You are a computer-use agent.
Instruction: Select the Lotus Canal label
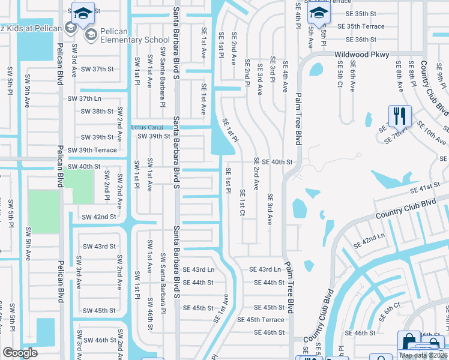[147, 127]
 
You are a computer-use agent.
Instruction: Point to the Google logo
[20, 353]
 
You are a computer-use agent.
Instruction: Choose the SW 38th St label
[97, 112]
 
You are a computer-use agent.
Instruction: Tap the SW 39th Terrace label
[92, 150]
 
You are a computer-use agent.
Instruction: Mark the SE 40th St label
[273, 162]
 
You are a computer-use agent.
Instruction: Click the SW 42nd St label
[98, 217]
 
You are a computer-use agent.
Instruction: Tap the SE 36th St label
[357, 40]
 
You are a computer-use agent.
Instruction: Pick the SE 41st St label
[426, 189]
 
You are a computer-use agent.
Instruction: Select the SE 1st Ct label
[242, 203]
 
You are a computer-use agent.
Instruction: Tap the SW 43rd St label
[99, 247]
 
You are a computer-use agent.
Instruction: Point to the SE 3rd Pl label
[272, 70]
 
